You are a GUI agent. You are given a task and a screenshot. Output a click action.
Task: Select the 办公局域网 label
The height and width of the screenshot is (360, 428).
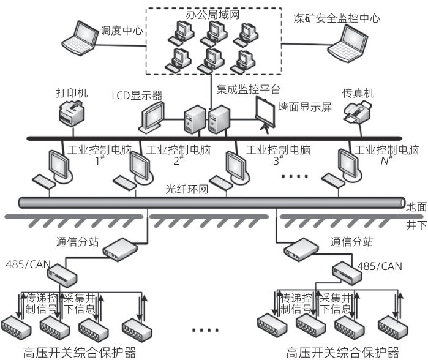click(x=211, y=12)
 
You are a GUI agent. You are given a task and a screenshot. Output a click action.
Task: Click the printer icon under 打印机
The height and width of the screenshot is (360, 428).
click(x=73, y=114)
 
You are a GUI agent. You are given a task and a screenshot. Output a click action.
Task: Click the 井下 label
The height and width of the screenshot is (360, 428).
click(x=416, y=225)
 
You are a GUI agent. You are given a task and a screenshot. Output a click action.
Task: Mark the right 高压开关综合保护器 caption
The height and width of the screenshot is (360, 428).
click(x=342, y=352)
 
